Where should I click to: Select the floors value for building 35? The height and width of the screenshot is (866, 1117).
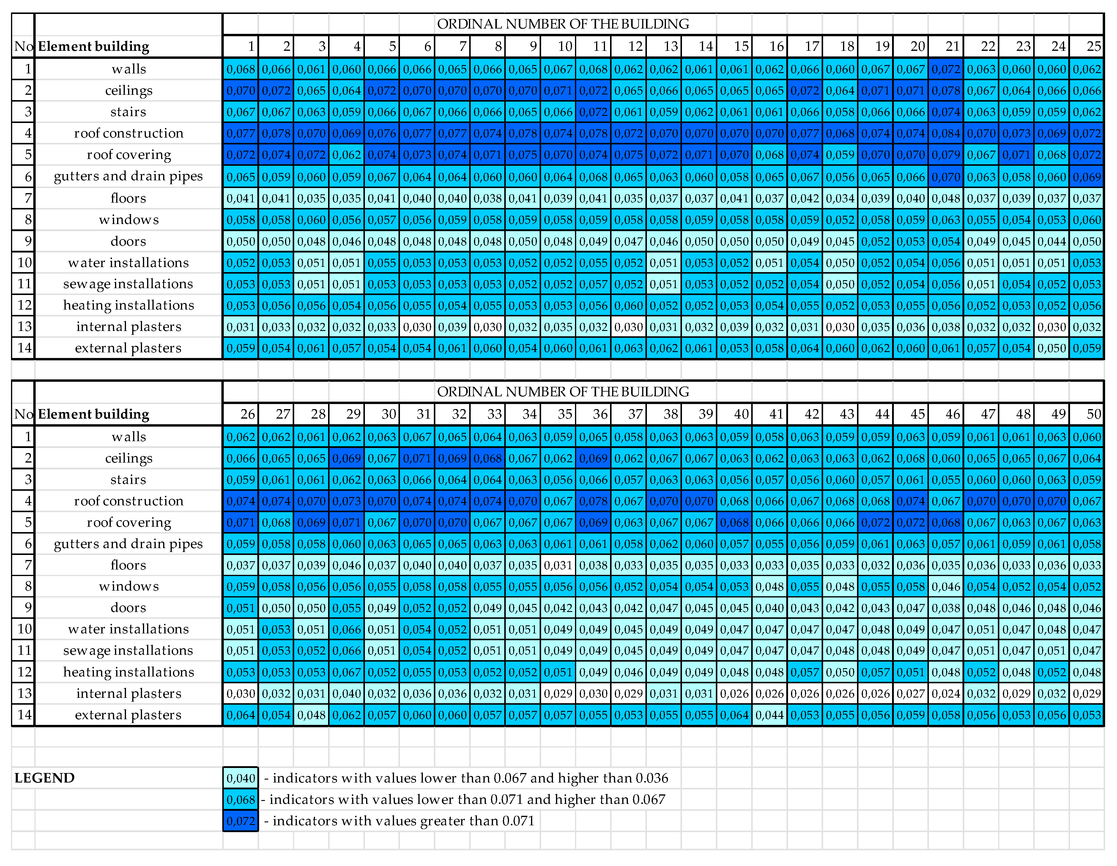pos(558,565)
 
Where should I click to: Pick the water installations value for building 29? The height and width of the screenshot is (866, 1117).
pos(346,629)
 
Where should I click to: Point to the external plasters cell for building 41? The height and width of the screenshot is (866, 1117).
pos(769,715)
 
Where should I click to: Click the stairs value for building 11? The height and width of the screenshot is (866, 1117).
pos(593,112)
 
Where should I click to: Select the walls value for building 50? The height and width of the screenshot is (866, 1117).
pos(1087,437)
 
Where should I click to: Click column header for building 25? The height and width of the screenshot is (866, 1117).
pos(1087,47)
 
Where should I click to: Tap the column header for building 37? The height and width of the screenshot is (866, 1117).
pos(628,414)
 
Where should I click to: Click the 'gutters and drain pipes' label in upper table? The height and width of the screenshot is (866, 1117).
pos(128,176)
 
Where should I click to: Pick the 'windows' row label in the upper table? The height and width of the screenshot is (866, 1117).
pos(128,220)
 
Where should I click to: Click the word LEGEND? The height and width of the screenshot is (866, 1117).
pos(45,778)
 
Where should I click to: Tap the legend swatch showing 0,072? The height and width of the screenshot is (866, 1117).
pos(240,821)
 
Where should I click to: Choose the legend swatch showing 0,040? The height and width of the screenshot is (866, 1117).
pos(240,778)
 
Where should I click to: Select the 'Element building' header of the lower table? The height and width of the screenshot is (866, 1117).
pos(94,414)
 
